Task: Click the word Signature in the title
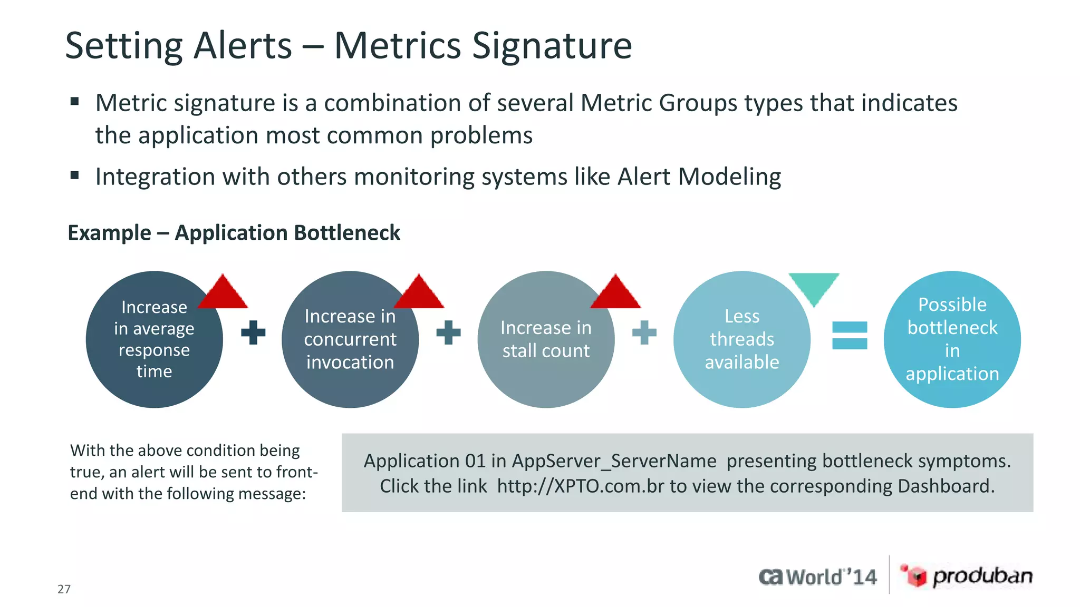(x=551, y=46)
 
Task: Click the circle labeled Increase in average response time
(x=154, y=339)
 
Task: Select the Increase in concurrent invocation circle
(x=350, y=339)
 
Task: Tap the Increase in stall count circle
(x=546, y=339)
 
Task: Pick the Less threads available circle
(x=741, y=339)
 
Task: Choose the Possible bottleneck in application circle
(x=952, y=339)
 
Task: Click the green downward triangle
(x=814, y=286)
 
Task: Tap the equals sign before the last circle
(x=849, y=336)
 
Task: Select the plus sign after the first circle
(x=253, y=332)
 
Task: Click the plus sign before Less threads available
(x=644, y=332)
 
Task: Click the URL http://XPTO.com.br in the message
(x=580, y=486)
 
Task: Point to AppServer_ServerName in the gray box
(x=614, y=461)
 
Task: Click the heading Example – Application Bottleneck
(x=234, y=233)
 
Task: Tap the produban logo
(x=966, y=576)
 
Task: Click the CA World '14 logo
(x=817, y=577)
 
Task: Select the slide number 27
(x=64, y=589)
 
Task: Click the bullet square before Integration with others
(x=74, y=175)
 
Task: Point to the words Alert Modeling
(x=699, y=177)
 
